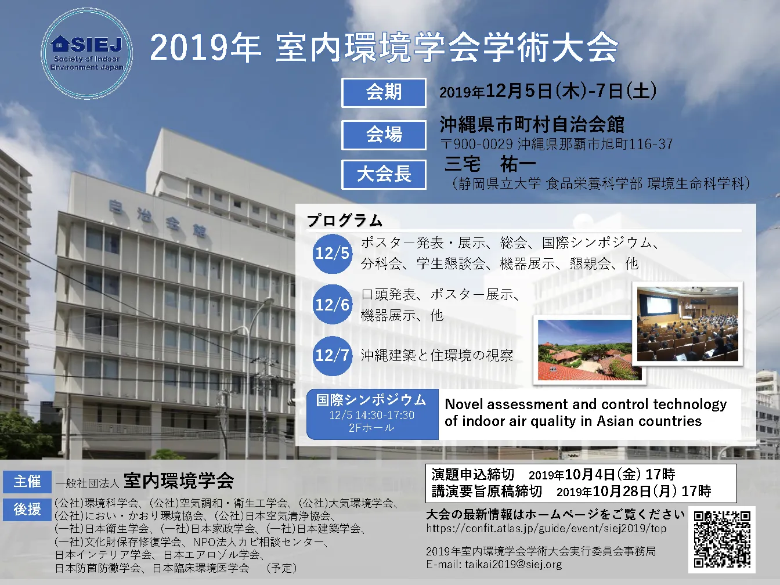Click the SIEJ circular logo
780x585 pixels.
point(86,53)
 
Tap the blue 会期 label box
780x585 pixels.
point(384,93)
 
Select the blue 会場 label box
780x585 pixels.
point(384,135)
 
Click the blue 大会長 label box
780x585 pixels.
point(384,175)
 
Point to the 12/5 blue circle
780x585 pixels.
point(333,254)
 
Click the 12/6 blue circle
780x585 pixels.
point(333,305)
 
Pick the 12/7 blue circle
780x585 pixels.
point(333,356)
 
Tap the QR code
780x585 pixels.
point(722,539)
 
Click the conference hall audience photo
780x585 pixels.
point(687,324)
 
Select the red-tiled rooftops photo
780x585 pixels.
point(589,350)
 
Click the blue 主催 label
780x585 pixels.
point(27,482)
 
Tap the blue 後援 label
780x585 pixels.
point(27,510)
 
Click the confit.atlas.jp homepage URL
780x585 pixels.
point(547,529)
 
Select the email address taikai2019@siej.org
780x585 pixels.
point(514,565)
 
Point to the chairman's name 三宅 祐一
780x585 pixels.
point(490,164)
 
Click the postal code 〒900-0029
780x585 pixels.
point(476,144)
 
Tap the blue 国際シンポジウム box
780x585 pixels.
point(373,414)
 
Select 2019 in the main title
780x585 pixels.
point(189,48)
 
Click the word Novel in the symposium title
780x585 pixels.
point(463,404)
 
